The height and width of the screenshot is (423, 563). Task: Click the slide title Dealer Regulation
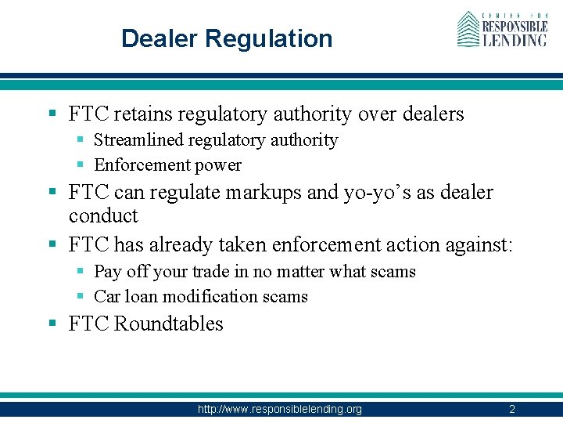pos(227,38)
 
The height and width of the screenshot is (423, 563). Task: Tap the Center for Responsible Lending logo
pos(501,30)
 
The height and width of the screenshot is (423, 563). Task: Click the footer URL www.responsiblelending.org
pos(279,409)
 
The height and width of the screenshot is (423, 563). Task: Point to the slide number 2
pos(511,409)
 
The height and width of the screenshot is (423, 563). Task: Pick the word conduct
pos(103,216)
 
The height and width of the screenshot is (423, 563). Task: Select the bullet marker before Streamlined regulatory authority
pos(81,140)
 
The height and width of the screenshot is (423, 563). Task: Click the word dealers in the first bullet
pos(433,114)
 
